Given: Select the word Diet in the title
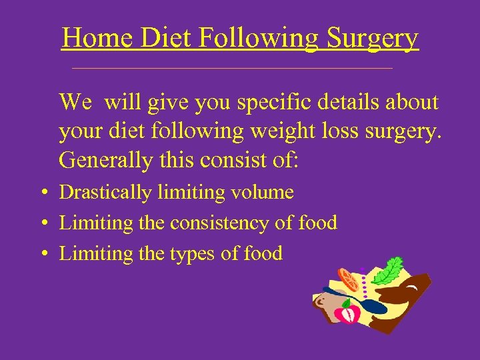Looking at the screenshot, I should [166, 37].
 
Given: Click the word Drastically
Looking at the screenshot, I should [106, 193].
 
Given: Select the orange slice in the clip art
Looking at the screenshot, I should [348, 279].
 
